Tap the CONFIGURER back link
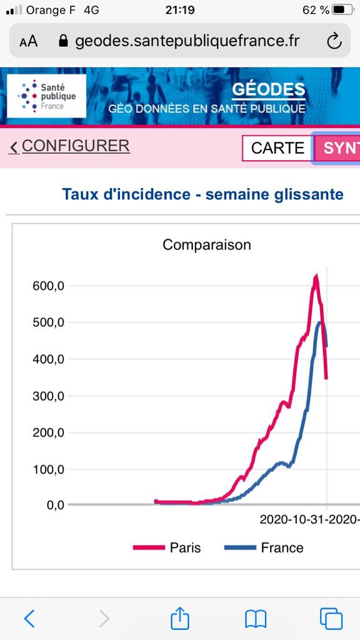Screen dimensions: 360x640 (x=69, y=146)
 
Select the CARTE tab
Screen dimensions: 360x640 (x=277, y=147)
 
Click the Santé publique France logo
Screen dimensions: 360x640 (x=46, y=96)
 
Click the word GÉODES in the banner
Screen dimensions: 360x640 (x=269, y=90)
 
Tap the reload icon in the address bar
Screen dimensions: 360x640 (x=334, y=41)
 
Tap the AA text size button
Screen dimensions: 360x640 (x=29, y=42)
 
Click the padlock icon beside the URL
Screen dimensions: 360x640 (x=63, y=41)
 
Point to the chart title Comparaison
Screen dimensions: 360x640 (x=206, y=245)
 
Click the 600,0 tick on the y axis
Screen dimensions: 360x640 (x=48, y=286)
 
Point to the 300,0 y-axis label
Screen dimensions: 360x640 (x=48, y=396)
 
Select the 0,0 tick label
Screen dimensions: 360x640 (x=56, y=505)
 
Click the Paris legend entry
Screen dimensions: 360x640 (x=167, y=547)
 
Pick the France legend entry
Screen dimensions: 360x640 (x=264, y=547)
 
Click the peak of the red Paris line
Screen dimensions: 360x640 (x=316, y=276)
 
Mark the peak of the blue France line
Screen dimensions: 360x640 (x=320, y=322)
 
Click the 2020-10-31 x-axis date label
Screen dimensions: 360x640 (x=294, y=519)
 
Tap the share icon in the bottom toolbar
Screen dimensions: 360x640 (x=179, y=618)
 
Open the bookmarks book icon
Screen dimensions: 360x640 (x=256, y=619)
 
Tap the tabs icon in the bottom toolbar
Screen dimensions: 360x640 (x=331, y=619)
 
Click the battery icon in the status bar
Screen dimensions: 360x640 (x=343, y=10)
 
